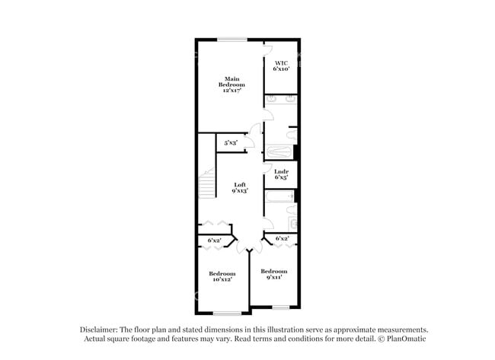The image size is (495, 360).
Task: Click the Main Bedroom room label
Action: pyautogui.click(x=232, y=81)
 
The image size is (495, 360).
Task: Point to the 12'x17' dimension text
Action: pyautogui.click(x=232, y=91)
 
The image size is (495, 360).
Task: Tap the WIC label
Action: pyautogui.click(x=281, y=62)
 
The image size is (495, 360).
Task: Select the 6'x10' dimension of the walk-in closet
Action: pyautogui.click(x=281, y=68)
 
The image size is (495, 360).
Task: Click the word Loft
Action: pyautogui.click(x=240, y=185)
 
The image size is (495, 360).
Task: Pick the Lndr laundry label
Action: pyautogui.click(x=281, y=171)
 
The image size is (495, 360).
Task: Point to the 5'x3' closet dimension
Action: pyautogui.click(x=231, y=142)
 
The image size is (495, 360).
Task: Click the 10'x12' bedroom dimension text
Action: pyautogui.click(x=222, y=279)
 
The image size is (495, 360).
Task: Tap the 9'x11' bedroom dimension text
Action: pyautogui.click(x=274, y=277)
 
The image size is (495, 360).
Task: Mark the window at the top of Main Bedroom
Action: pyautogui.click(x=232, y=40)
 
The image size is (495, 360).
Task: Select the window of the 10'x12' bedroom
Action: pyautogui.click(x=227, y=314)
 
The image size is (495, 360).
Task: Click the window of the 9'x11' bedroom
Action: pyautogui.click(x=281, y=307)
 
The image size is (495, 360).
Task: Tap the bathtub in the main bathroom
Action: pyautogui.click(x=279, y=151)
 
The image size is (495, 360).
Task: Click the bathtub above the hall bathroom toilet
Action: pyautogui.click(x=279, y=196)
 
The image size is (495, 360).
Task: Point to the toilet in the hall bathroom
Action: pyautogui.click(x=292, y=210)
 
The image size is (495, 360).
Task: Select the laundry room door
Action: pyautogui.click(x=268, y=168)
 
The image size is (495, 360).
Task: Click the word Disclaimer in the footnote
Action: pyautogui.click(x=99, y=330)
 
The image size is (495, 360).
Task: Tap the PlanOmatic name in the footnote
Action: pyautogui.click(x=407, y=339)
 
